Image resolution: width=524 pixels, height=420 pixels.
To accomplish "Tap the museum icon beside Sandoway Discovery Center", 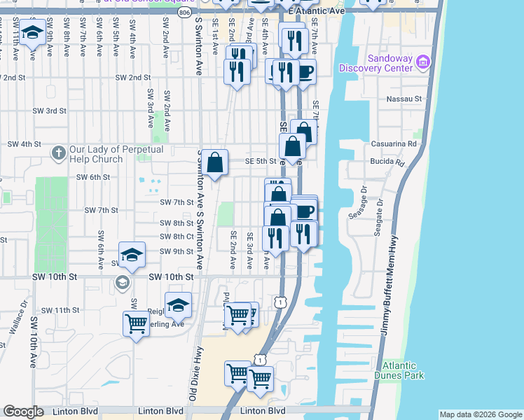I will pyautogui.click(x=422, y=62).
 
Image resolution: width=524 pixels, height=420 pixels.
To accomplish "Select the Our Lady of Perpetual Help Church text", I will pyautogui.click(x=116, y=154).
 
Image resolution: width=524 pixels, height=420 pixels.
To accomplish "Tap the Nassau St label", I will pyautogui.click(x=404, y=99).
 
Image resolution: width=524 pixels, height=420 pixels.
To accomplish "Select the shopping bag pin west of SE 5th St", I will pyautogui.click(x=216, y=163).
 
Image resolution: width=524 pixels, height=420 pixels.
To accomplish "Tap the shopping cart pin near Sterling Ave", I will pyautogui.click(x=136, y=324).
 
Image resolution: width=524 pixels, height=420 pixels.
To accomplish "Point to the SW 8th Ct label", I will pyautogui.click(x=177, y=237).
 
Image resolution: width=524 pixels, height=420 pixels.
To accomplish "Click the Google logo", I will pyautogui.click(x=23, y=412).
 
